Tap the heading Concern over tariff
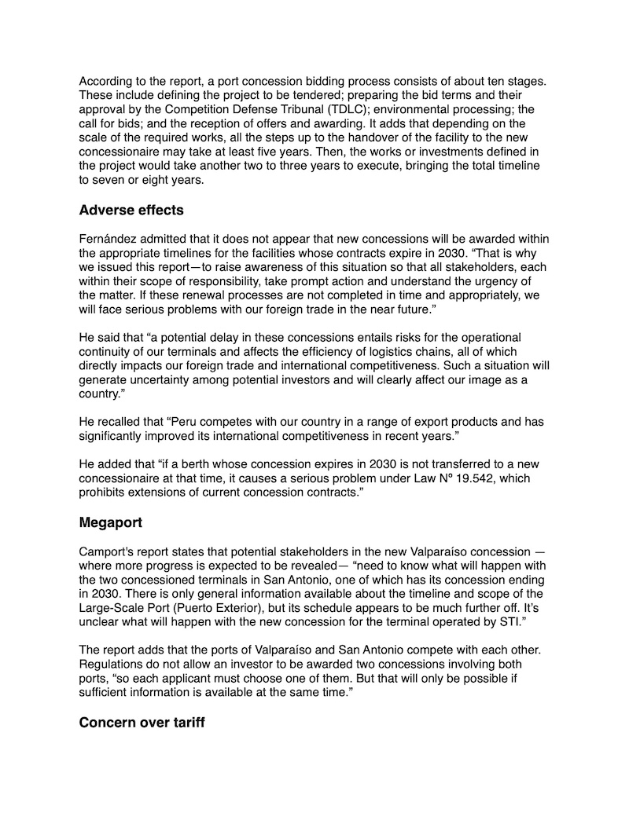(142, 722)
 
